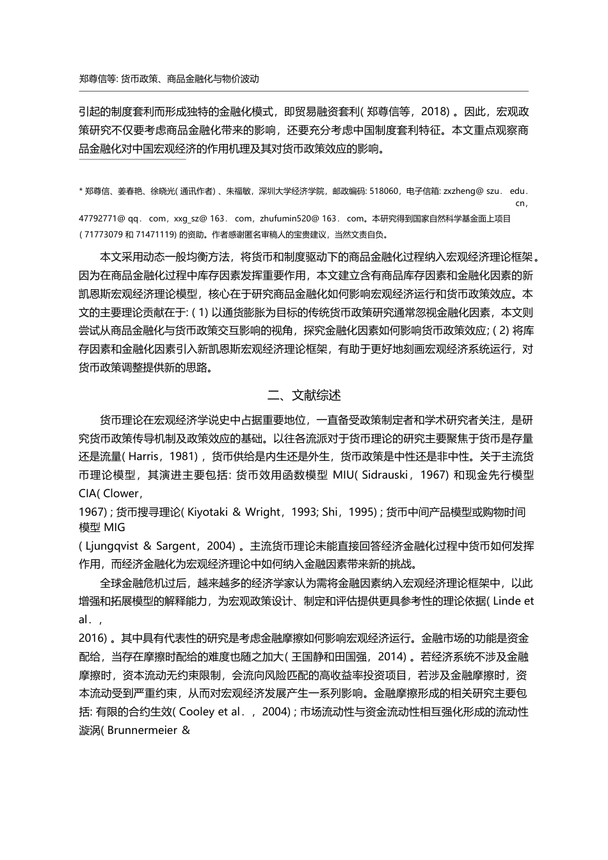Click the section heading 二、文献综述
(x=304, y=395)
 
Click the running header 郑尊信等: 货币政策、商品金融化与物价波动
(x=169, y=79)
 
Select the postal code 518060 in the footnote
(x=385, y=191)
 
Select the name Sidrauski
(x=390, y=475)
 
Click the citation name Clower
(x=121, y=493)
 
